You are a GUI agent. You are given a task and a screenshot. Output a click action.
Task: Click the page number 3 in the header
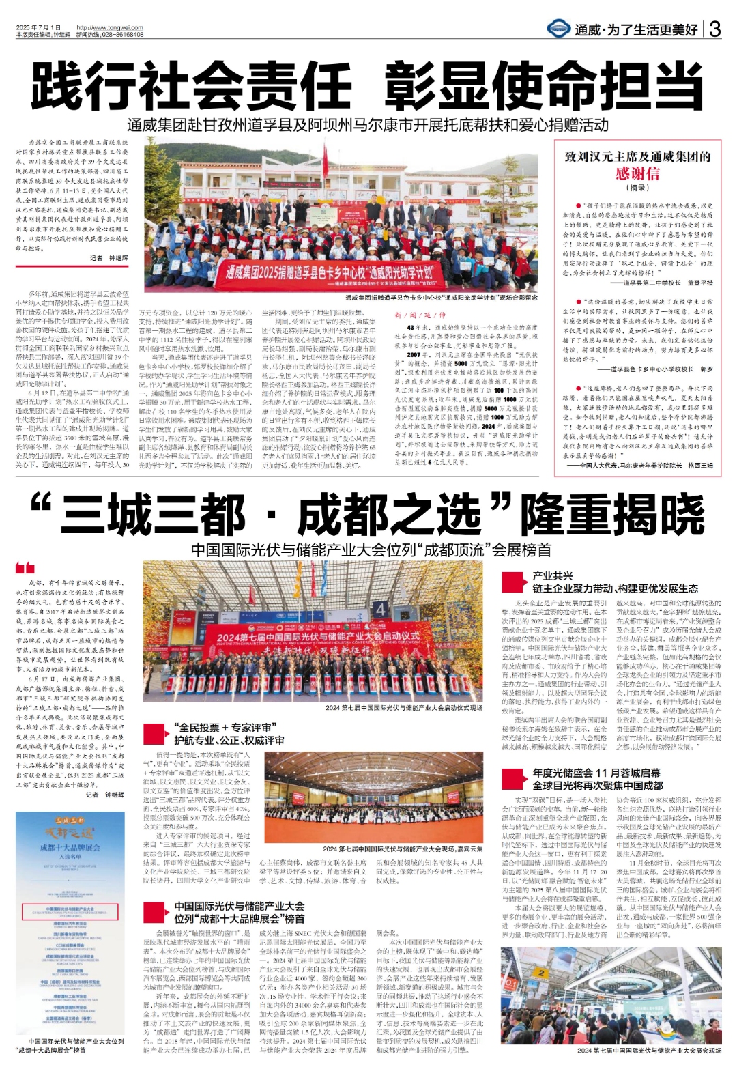click(x=714, y=29)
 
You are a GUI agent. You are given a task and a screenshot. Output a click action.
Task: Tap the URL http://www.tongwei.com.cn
click(x=110, y=28)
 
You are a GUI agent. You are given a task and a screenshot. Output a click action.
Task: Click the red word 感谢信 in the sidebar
click(x=637, y=173)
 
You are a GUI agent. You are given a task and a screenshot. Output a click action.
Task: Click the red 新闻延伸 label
click(x=420, y=315)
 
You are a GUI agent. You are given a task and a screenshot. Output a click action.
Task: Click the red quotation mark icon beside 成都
click(x=25, y=568)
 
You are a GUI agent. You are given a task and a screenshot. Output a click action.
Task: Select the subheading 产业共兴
click(x=553, y=576)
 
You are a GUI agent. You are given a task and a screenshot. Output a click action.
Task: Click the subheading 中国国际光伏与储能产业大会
click(x=239, y=906)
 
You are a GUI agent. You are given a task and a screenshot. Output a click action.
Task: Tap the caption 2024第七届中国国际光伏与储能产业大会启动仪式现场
click(x=403, y=708)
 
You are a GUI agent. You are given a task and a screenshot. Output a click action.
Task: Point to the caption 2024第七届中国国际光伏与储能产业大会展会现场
click(x=648, y=1051)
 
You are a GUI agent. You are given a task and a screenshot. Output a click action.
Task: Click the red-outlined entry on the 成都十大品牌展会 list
click(x=70, y=912)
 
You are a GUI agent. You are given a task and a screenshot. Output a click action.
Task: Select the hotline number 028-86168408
click(x=121, y=34)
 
